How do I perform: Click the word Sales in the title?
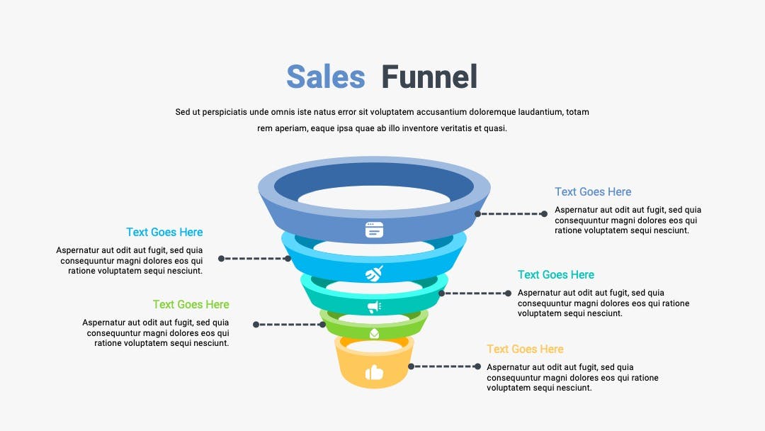point(325,77)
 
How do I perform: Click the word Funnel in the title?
point(429,77)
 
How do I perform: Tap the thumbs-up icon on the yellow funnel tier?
point(374,372)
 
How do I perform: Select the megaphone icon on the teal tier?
point(374,306)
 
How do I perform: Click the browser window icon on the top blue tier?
point(374,230)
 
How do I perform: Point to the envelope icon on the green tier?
point(374,333)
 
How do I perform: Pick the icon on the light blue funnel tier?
point(374,274)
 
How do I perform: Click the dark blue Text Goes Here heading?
point(593,192)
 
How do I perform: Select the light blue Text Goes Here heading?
point(164,232)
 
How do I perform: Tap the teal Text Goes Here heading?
point(556,275)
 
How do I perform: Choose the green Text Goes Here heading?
point(191,305)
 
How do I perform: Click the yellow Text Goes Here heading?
point(525,349)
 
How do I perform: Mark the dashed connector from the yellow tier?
point(444,366)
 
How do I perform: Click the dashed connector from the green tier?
point(289,324)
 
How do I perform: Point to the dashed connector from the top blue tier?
point(511,214)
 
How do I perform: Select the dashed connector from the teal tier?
point(475,293)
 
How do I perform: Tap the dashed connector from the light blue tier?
point(255,258)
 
